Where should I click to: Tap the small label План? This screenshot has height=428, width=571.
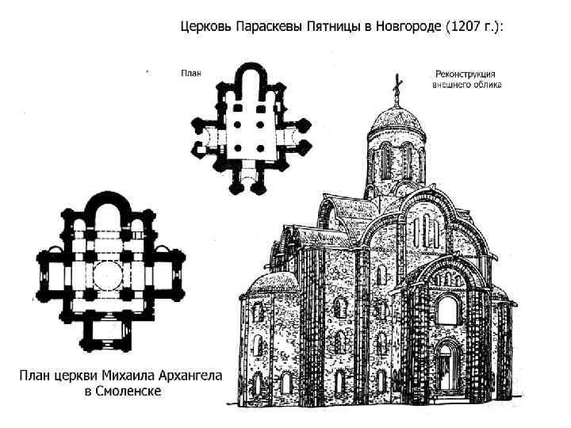coord(190,73)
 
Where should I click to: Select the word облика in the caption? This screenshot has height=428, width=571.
coord(485,83)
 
